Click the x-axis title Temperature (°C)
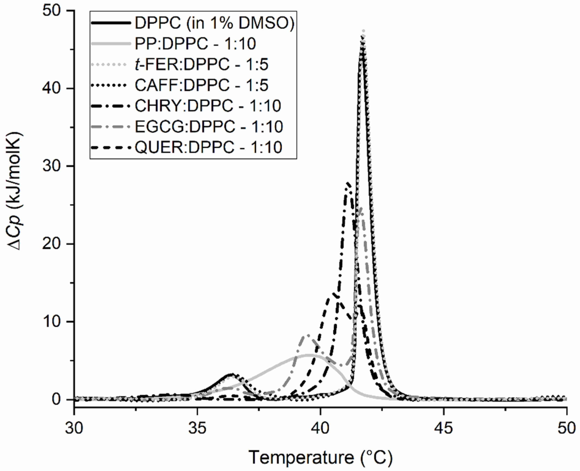point(320,458)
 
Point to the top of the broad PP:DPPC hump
point(309,355)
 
